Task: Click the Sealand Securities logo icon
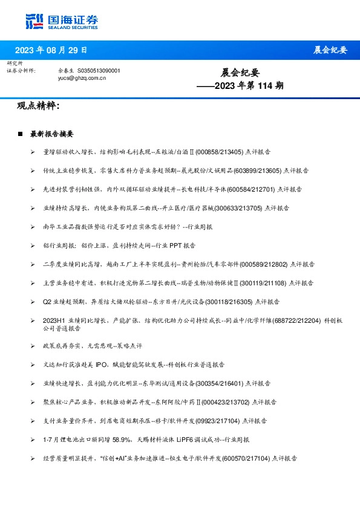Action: (x=33, y=21)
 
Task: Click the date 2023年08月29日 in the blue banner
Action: (x=51, y=50)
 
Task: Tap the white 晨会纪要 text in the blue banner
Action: (x=330, y=50)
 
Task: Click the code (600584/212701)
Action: (x=254, y=189)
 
